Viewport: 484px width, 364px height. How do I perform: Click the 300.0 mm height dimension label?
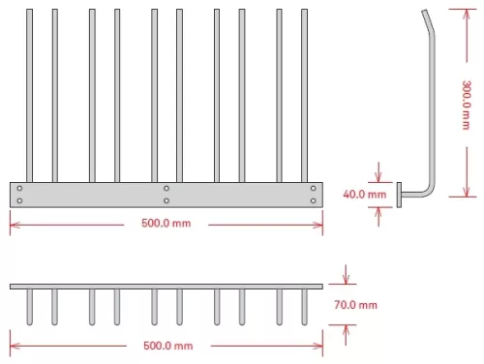[466, 105]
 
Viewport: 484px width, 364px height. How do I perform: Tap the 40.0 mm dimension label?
[365, 195]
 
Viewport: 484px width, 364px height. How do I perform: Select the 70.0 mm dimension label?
[355, 305]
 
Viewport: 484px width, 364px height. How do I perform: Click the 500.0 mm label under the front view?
[166, 224]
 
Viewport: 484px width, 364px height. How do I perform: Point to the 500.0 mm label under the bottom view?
[168, 346]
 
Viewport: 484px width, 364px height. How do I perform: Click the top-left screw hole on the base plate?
[19, 188]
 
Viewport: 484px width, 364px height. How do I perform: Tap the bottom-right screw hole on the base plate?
[313, 200]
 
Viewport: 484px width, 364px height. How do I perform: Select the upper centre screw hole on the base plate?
[166, 188]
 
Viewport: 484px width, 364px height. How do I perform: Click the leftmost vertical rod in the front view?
[29, 96]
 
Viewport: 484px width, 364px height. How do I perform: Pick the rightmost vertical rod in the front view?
[304, 96]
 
